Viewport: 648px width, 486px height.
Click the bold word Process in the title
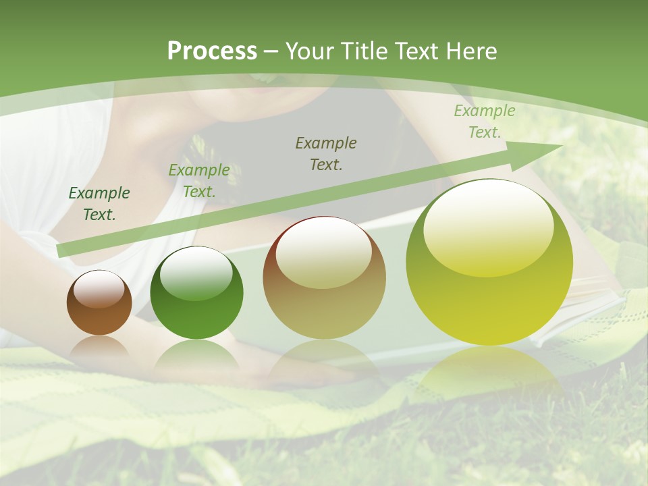click(212, 51)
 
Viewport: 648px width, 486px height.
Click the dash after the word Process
click(271, 51)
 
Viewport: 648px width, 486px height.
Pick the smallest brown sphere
click(99, 303)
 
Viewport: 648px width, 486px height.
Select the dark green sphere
click(196, 293)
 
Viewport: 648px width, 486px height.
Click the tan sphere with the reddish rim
click(325, 278)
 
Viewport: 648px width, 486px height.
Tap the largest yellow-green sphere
click(489, 263)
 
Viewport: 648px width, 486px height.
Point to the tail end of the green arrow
click(62, 250)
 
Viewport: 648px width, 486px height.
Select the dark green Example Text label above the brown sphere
click(99, 204)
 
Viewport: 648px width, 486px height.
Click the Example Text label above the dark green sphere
click(199, 181)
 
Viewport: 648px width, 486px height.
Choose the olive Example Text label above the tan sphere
click(326, 153)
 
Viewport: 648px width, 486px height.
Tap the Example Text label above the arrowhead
click(485, 122)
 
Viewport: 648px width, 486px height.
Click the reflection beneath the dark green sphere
click(196, 358)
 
